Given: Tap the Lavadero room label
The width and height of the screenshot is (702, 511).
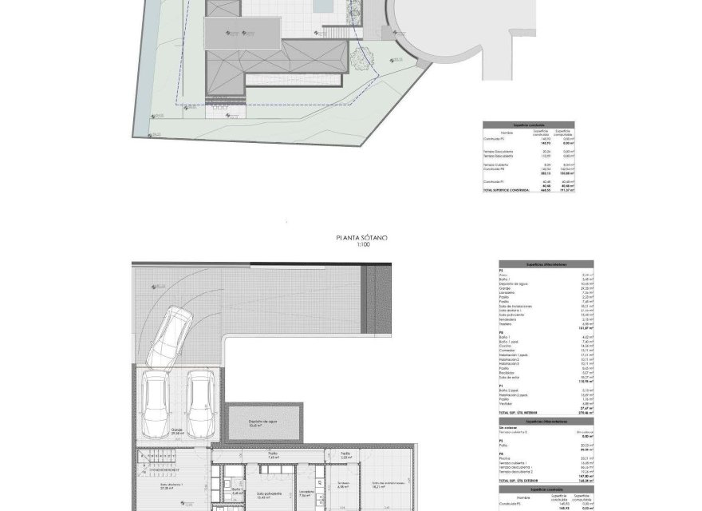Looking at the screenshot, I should pyautogui.click(x=307, y=493).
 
